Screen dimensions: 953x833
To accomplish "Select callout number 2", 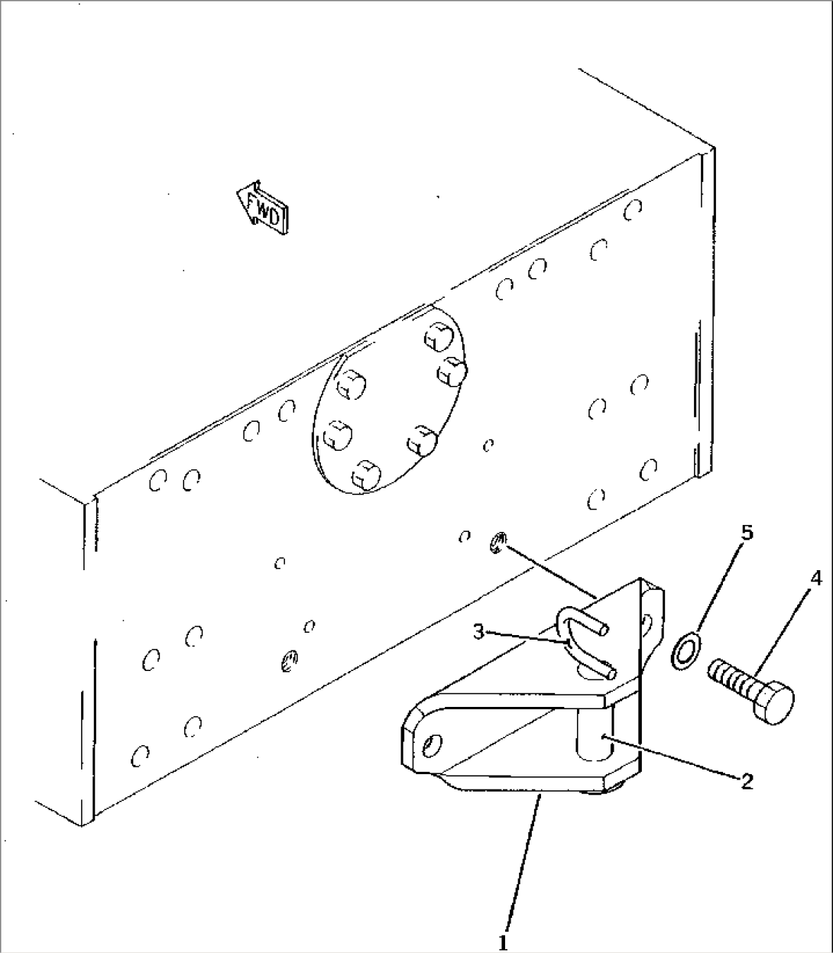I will (746, 780).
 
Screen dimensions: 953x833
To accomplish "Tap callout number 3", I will (478, 632).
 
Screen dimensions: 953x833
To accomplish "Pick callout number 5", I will (747, 533).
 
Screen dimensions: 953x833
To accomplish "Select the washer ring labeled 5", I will (686, 651).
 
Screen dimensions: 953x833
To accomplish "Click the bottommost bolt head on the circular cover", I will (365, 476).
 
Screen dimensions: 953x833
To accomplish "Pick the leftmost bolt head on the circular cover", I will (335, 436).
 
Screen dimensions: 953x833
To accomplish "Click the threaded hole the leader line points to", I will (497, 543).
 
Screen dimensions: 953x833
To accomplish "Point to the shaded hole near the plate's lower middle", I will (289, 660).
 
